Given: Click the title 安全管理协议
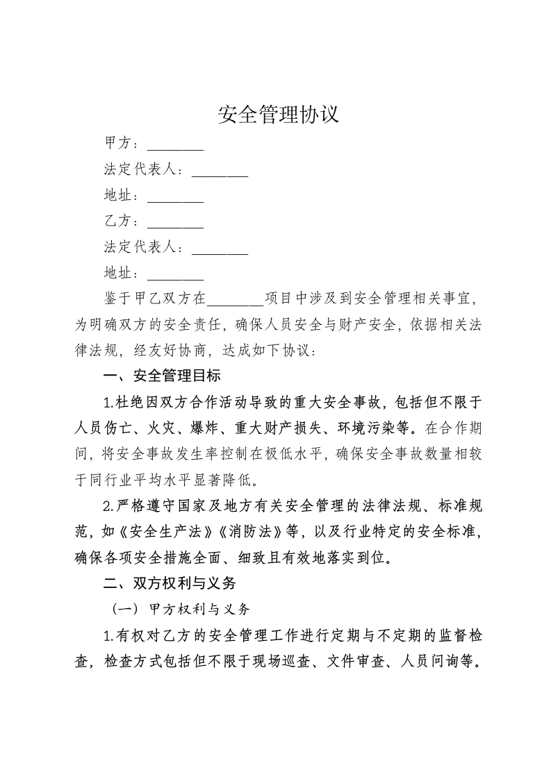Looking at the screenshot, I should click(278, 114).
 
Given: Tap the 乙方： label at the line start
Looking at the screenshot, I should click(122, 222).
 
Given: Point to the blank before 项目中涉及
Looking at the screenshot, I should click(235, 299).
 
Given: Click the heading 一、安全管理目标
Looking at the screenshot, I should click(161, 376).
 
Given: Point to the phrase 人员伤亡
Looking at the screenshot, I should click(103, 428).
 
